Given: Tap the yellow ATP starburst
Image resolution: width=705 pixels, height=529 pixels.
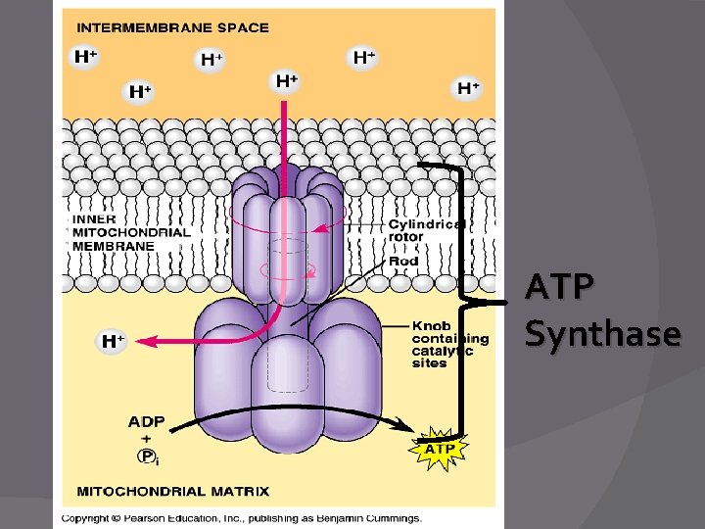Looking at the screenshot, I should pos(438,449).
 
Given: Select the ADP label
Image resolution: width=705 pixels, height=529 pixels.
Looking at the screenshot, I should pos(146,422).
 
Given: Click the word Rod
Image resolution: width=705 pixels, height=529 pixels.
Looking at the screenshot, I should pos(403,261).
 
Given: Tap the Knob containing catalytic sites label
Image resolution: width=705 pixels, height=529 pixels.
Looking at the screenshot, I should pos(448,344).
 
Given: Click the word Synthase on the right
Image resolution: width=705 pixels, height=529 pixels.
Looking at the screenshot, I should pos(602,334).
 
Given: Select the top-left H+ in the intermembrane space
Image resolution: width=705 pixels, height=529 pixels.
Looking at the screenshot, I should pos(86,57).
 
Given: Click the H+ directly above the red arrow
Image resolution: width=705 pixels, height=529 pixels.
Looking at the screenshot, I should pos(286,81).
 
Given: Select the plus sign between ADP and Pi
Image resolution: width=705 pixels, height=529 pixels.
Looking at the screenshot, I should pos(146,439).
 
